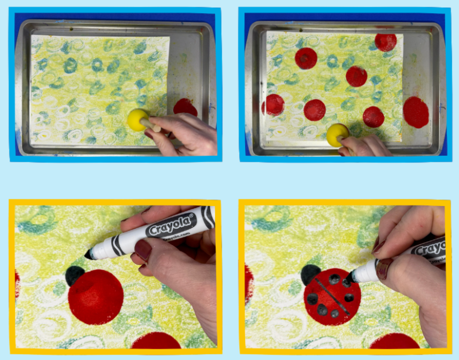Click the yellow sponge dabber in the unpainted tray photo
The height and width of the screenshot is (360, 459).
coord(137,119)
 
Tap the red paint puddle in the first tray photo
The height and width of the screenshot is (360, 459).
coord(185,107)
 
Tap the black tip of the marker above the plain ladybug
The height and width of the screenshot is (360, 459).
coord(88,254)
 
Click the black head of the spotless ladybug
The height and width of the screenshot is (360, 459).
coord(75,275)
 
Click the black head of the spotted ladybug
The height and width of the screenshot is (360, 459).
coord(310,274)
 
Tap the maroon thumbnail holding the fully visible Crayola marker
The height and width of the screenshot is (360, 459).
coord(143,250)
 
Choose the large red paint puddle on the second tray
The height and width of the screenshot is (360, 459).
coord(416,112)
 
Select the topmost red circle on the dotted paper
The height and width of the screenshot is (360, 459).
coord(385,41)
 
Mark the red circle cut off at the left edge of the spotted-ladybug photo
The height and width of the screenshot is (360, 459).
coord(248,285)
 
